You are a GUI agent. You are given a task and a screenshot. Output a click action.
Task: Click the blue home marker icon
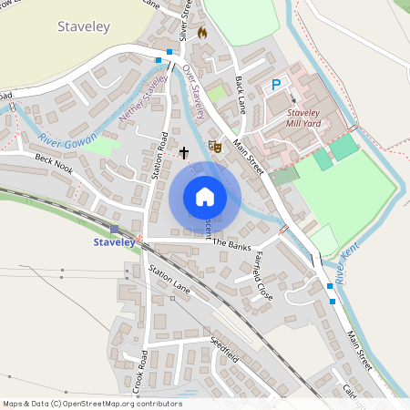coord(205,197)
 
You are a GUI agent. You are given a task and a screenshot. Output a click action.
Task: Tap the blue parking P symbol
coord(275,85)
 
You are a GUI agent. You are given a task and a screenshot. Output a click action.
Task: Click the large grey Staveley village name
coord(83,27)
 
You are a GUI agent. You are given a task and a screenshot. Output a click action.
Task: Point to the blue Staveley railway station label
coord(114,242)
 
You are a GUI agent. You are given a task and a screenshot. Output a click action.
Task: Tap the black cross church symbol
coord(183,153)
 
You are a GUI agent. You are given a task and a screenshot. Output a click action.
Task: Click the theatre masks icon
coord(216,145)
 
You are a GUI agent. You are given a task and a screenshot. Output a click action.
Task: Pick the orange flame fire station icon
coord(202,33)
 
